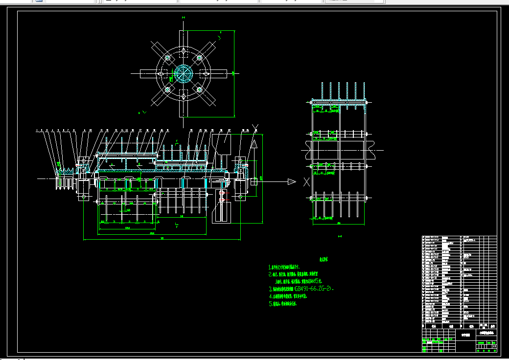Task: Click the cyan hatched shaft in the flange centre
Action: pyautogui.click(x=183, y=74)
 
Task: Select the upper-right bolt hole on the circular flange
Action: pyautogui.click(x=199, y=58)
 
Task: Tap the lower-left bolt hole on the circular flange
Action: pyautogui.click(x=167, y=90)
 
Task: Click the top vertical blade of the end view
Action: pyautogui.click(x=183, y=39)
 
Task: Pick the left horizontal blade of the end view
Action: pyautogui.click(x=148, y=74)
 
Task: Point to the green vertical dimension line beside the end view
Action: pyautogui.click(x=234, y=73)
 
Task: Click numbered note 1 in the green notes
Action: pyautogui.click(x=291, y=268)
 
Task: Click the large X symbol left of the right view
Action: pyautogui.click(x=306, y=182)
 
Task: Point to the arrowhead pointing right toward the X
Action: pyautogui.click(x=292, y=182)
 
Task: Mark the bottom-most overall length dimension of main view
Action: pyautogui.click(x=162, y=239)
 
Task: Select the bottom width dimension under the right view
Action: pyautogui.click(x=339, y=224)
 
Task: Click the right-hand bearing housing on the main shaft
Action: pyautogui.click(x=241, y=179)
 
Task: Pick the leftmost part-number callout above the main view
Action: pyautogui.click(x=37, y=131)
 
